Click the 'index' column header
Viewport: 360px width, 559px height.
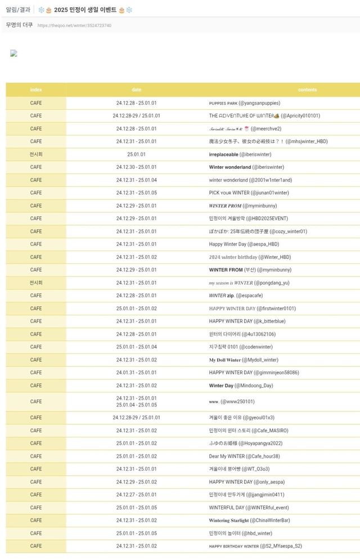tap(36, 90)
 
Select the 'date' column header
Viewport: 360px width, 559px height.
tap(136, 90)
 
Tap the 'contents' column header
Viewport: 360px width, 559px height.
tap(307, 90)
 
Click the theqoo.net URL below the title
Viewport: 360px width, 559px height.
tap(74, 25)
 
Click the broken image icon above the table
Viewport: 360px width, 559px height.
tap(13, 53)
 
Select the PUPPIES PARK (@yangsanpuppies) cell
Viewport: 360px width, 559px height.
tap(244, 103)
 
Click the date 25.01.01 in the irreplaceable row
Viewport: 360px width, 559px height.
tap(136, 154)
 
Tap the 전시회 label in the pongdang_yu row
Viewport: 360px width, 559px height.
tap(36, 283)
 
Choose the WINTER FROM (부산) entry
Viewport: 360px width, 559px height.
tap(250, 270)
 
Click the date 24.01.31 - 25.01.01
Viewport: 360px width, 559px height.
tap(136, 373)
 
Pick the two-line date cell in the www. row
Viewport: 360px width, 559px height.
tap(136, 401)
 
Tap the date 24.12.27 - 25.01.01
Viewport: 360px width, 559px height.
tap(136, 495)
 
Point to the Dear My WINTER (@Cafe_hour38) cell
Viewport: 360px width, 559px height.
tap(244, 456)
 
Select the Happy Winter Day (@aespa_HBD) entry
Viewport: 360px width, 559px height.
tap(244, 244)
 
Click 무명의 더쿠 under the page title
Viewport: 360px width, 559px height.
tap(19, 25)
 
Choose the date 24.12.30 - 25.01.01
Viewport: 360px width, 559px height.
tap(136, 167)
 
